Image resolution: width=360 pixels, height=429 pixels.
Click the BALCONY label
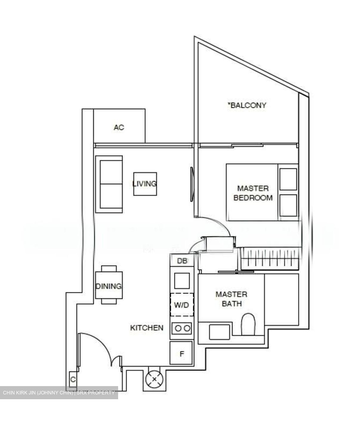point(247,105)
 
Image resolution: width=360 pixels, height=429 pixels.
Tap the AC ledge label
point(119,128)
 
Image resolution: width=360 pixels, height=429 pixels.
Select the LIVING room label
point(145,184)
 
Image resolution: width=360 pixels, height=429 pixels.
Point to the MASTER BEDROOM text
point(253,193)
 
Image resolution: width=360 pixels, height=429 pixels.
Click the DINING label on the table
point(109,286)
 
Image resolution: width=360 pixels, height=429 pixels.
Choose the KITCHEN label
point(147,328)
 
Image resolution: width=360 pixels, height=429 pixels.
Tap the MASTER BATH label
point(231,299)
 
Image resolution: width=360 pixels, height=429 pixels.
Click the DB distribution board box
point(182,261)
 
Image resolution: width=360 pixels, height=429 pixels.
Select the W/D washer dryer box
point(182,305)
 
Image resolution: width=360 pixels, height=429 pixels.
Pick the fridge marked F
point(182,354)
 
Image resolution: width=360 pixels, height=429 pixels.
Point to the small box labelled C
point(73,380)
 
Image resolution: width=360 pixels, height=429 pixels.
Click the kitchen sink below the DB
point(182,280)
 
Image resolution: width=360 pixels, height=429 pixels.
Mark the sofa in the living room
point(111,184)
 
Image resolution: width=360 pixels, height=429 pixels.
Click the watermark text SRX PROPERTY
point(96,393)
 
